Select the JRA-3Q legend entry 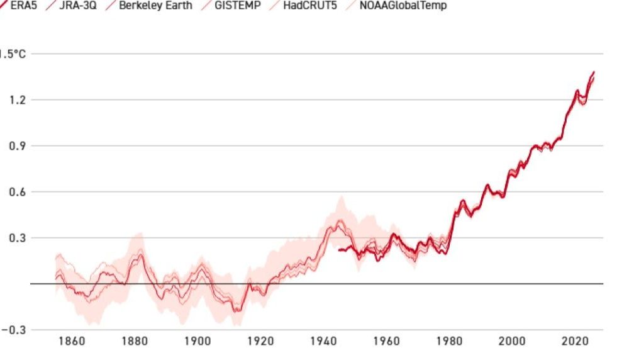coord(77,6)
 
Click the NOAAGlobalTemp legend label coord(403,6)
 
